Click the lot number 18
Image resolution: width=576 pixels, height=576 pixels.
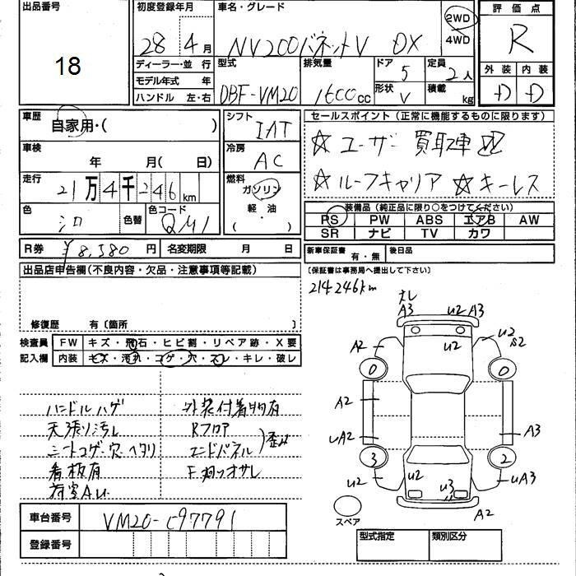pyautogui.click(x=68, y=66)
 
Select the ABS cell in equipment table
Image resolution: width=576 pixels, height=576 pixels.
pyautogui.click(x=429, y=220)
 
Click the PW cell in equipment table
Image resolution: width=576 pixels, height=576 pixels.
pyautogui.click(x=379, y=220)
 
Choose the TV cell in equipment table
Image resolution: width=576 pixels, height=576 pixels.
pyautogui.click(x=429, y=233)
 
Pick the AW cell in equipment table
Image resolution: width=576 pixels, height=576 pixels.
pyautogui.click(x=529, y=220)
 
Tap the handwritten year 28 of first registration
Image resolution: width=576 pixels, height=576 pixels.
pyautogui.click(x=152, y=41)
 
